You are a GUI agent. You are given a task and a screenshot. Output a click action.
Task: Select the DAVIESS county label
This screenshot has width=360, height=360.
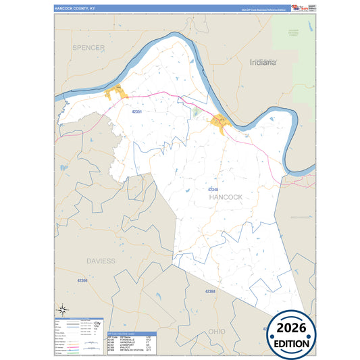click(x=101, y=260)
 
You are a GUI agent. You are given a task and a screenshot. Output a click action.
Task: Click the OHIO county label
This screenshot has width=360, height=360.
click(x=216, y=332)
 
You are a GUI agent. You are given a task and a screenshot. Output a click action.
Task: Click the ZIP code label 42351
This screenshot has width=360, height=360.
click(x=138, y=111)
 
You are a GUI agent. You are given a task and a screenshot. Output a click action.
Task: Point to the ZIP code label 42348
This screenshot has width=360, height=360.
click(x=213, y=188)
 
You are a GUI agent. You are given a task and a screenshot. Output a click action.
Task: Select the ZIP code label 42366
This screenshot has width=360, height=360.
click(x=82, y=280)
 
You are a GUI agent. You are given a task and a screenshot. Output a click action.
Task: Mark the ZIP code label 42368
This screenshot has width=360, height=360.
click(x=210, y=291)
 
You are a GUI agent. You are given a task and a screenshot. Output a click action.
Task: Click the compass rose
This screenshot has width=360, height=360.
click(x=62, y=311)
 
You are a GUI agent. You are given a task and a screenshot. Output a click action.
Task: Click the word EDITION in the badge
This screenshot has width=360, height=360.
click(x=292, y=342)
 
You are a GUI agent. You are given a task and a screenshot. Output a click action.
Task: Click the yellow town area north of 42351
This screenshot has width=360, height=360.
click(x=117, y=92)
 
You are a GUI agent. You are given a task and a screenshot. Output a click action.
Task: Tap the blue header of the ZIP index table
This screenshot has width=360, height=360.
click(x=131, y=334)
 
